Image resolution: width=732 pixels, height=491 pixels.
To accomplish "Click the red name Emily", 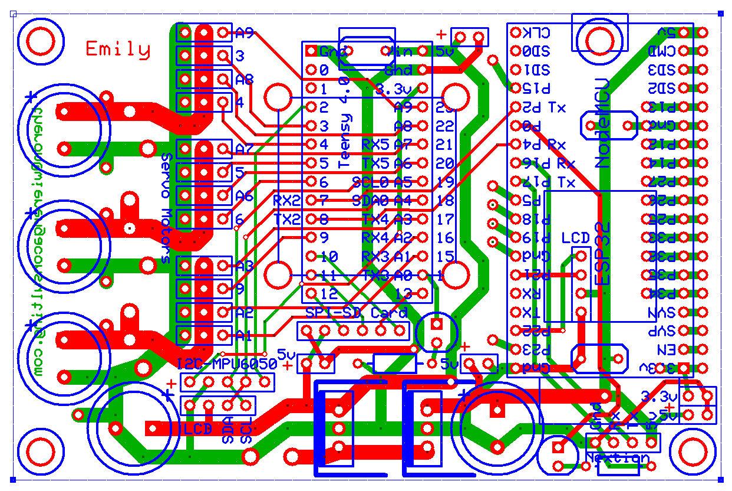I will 118,49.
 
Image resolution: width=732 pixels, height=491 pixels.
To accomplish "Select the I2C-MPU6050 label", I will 227,364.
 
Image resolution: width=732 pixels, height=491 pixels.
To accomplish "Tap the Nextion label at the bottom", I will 617,458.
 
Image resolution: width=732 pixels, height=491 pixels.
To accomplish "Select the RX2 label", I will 287,200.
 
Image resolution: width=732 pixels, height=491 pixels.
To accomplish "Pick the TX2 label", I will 287,219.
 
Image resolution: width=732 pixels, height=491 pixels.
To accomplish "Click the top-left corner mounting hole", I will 40,42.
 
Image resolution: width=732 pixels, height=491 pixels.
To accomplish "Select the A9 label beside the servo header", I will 244,33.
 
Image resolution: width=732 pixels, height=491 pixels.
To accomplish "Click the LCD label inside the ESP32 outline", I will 575,238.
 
